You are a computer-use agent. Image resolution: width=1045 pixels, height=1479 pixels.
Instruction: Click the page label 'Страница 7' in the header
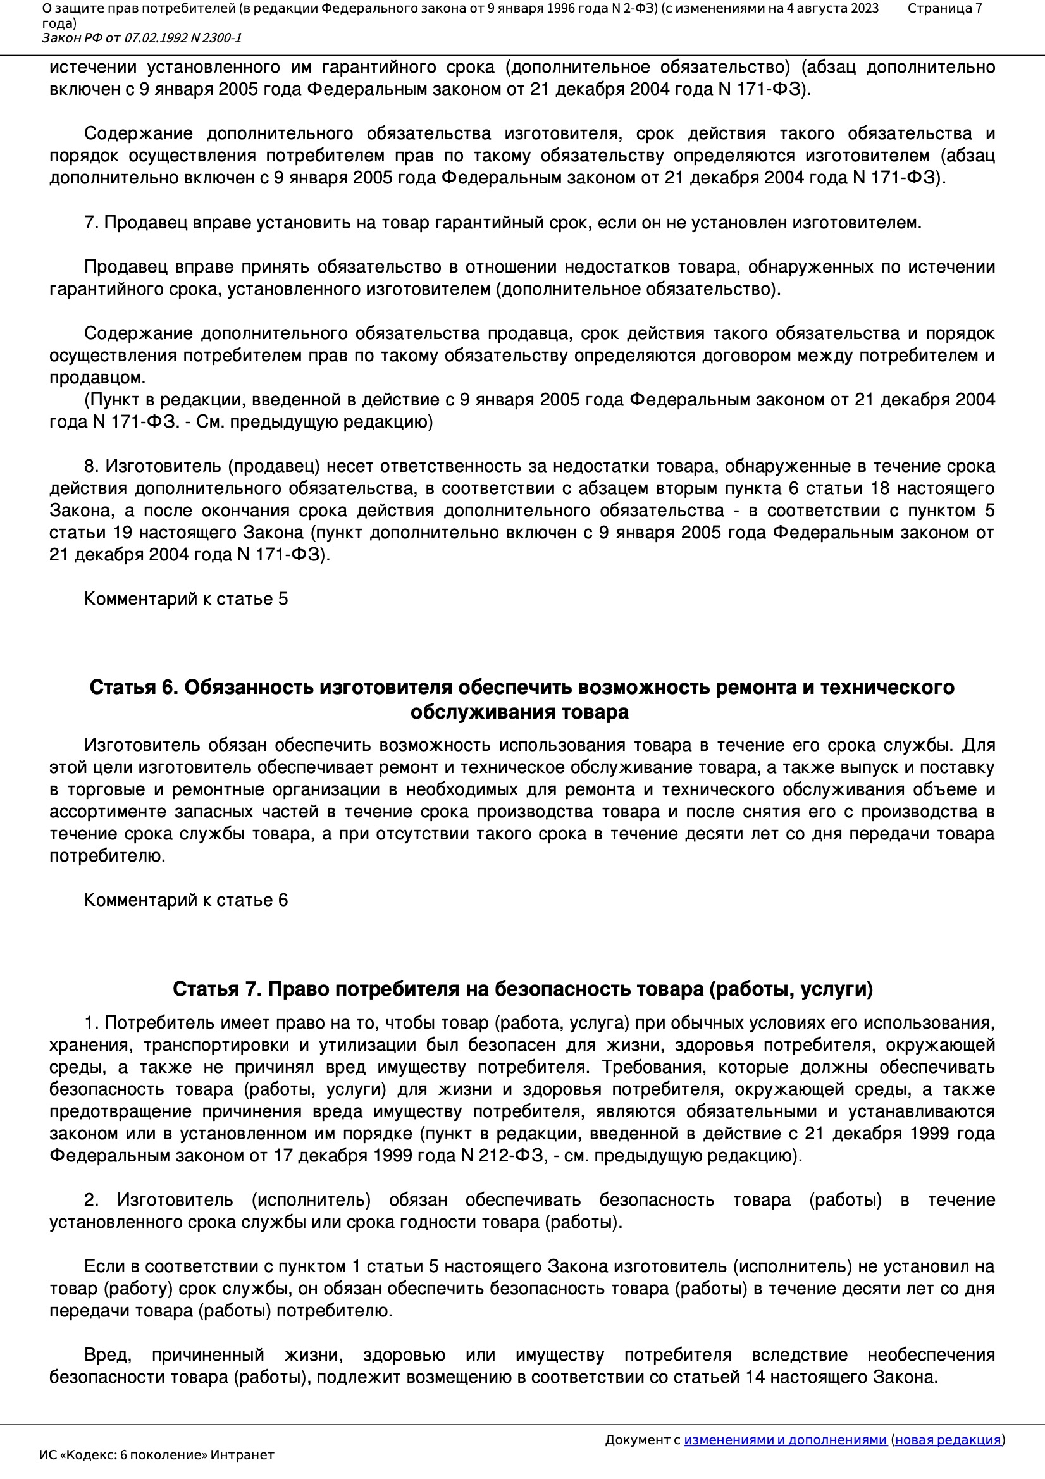click(x=944, y=8)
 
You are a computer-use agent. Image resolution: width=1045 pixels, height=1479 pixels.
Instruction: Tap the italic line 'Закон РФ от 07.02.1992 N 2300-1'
click(x=142, y=38)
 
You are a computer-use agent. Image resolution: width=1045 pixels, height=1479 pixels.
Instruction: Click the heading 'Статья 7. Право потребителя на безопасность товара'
click(x=522, y=989)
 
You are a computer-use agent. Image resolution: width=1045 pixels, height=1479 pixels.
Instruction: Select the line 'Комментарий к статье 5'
click(x=185, y=599)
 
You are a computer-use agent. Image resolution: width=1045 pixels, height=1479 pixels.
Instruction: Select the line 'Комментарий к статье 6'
click(x=185, y=900)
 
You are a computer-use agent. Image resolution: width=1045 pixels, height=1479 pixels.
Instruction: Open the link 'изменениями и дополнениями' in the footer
click(x=785, y=1440)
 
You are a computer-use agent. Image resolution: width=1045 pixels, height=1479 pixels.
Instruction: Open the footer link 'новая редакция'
click(x=948, y=1440)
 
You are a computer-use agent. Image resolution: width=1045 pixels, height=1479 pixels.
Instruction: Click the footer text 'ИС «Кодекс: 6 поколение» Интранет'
click(x=156, y=1455)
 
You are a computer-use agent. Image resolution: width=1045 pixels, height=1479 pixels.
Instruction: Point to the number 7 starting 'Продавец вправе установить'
click(x=91, y=223)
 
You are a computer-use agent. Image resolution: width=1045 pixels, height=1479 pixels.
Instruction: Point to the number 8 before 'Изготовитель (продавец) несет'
click(x=91, y=466)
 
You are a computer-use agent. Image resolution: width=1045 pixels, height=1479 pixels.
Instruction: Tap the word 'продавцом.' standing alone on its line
click(x=97, y=378)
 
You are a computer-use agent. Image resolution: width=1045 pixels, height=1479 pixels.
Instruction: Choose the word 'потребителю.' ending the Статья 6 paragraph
click(x=107, y=856)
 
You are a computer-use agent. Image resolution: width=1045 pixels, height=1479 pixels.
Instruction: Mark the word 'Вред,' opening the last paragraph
click(x=108, y=1354)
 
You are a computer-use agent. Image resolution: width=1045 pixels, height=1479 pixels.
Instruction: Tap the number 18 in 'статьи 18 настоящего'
click(x=880, y=488)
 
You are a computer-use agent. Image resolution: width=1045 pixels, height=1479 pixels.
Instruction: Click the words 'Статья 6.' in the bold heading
click(x=133, y=688)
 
